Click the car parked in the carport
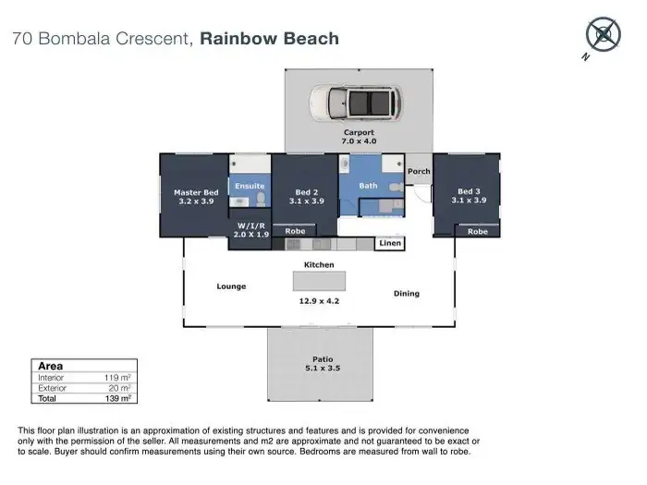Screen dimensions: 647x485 tap(355, 103)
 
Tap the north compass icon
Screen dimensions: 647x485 tap(603, 35)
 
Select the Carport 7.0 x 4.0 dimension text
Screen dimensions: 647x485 tap(359, 137)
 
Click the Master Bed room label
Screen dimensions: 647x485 tap(196, 197)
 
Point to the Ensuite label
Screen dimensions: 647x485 tap(250, 186)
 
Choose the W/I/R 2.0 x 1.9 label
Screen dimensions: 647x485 tap(250, 230)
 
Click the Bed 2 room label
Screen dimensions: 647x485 tap(307, 197)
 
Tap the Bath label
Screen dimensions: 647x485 tap(368, 186)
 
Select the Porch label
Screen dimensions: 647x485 tap(419, 171)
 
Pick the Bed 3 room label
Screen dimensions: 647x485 tap(469, 196)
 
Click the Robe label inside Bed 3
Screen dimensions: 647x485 tap(478, 232)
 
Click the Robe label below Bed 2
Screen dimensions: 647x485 tap(295, 231)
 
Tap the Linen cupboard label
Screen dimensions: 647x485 tap(390, 243)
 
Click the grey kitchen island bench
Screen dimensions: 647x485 tap(320, 281)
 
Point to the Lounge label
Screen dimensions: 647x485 tap(231, 286)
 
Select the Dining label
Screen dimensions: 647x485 tap(407, 294)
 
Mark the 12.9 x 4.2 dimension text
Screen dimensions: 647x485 tap(319, 301)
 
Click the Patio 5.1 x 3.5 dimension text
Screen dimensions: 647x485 tap(323, 364)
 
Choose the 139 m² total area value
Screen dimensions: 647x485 tap(118, 398)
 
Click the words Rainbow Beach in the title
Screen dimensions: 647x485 tap(270, 39)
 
